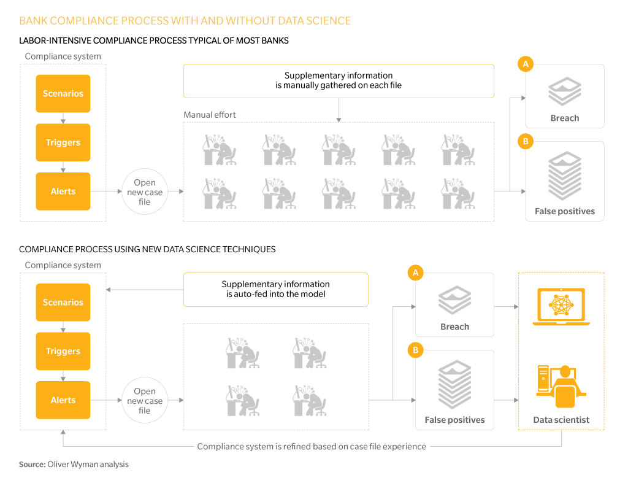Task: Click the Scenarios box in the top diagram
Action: pyautogui.click(x=63, y=93)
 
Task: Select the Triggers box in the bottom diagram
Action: pyautogui.click(x=63, y=350)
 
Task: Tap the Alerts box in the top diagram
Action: pyautogui.click(x=63, y=191)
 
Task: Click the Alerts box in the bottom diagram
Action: pyautogui.click(x=63, y=400)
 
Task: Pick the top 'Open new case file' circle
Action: pyautogui.click(x=145, y=191)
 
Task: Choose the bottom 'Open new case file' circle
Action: pyautogui.click(x=145, y=400)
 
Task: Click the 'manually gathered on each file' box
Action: pyautogui.click(x=339, y=80)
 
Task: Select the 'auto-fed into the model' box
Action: pyautogui.click(x=275, y=290)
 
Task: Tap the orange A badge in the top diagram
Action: pyautogui.click(x=526, y=64)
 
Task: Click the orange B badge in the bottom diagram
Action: pyautogui.click(x=415, y=350)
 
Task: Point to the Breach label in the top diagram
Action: pyautogui.click(x=565, y=118)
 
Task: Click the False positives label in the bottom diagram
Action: pyautogui.click(x=454, y=420)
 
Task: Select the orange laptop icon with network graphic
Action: pyautogui.click(x=561, y=307)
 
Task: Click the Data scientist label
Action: pyautogui.click(x=561, y=420)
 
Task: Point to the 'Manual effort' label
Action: pyautogui.click(x=210, y=115)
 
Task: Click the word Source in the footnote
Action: pyautogui.click(x=31, y=464)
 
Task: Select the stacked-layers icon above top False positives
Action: pyautogui.click(x=565, y=176)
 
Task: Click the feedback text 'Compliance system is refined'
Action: pyautogui.click(x=312, y=446)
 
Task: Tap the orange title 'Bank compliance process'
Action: pyautogui.click(x=185, y=20)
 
